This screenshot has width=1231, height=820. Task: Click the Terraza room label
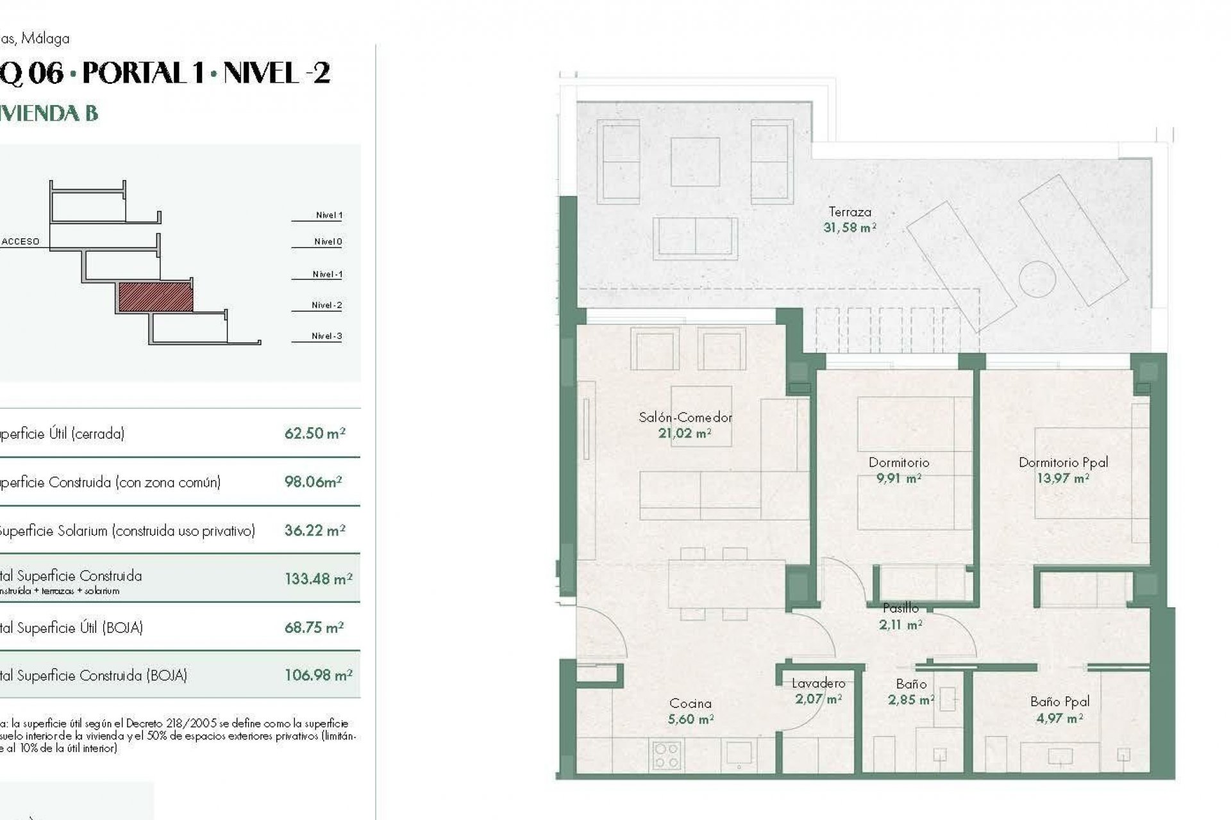[850, 212]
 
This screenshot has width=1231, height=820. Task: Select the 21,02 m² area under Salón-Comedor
[685, 434]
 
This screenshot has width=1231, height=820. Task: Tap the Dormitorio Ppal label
[1063, 463]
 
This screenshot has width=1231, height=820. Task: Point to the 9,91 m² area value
[899, 479]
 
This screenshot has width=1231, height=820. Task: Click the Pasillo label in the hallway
[900, 608]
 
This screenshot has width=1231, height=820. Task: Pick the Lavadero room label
[818, 684]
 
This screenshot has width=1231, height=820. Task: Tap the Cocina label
[690, 703]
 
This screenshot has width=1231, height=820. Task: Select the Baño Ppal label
[1060, 702]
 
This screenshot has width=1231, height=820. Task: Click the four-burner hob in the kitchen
[666, 756]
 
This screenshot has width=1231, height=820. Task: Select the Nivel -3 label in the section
[326, 336]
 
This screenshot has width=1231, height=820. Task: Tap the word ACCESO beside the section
[21, 242]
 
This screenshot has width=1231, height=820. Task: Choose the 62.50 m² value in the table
[315, 434]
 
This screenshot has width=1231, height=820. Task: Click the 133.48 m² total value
[318, 579]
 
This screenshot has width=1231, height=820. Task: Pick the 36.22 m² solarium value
[315, 530]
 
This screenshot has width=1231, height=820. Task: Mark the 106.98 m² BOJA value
[318, 675]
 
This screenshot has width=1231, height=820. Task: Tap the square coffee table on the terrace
[695, 162]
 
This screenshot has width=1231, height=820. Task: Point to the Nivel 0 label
[328, 242]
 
